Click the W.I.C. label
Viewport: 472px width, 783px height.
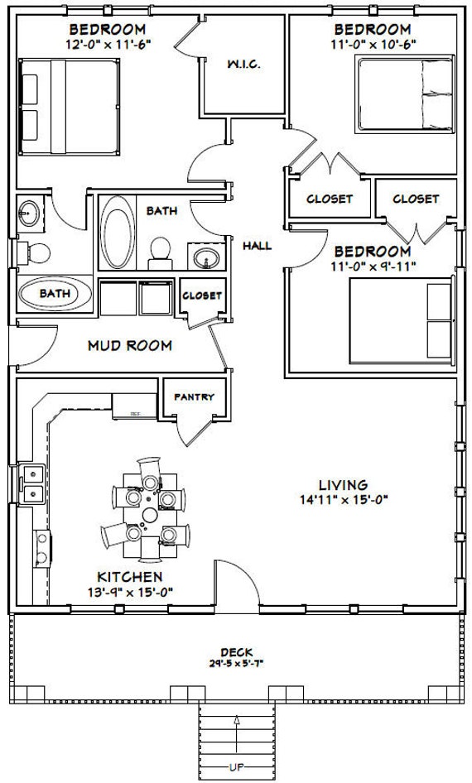pyautogui.click(x=243, y=65)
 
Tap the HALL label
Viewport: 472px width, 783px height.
pyautogui.click(x=258, y=246)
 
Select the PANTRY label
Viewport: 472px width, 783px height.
pyautogui.click(x=195, y=397)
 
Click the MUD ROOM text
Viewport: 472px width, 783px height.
pyautogui.click(x=130, y=345)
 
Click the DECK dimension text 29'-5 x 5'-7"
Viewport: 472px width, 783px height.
pyautogui.click(x=236, y=664)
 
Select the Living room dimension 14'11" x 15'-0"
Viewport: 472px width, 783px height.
pyautogui.click(x=344, y=499)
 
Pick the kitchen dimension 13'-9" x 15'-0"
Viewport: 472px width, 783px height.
pyautogui.click(x=130, y=592)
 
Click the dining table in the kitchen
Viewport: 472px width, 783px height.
pyautogui.click(x=150, y=515)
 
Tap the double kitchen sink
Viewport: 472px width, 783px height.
pyautogui.click(x=32, y=483)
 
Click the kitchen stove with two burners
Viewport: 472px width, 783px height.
pyautogui.click(x=42, y=548)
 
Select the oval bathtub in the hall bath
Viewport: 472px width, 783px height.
pyautogui.click(x=118, y=233)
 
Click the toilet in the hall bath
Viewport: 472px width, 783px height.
pyautogui.click(x=161, y=253)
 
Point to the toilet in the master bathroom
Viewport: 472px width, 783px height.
pyautogui.click(x=34, y=253)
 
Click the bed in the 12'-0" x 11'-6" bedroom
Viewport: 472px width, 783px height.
pyautogui.click(x=69, y=107)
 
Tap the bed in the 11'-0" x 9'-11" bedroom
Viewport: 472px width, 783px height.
pyautogui.click(x=402, y=320)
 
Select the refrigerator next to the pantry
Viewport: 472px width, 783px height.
pyautogui.click(x=134, y=406)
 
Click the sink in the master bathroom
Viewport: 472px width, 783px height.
pyautogui.click(x=29, y=214)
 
